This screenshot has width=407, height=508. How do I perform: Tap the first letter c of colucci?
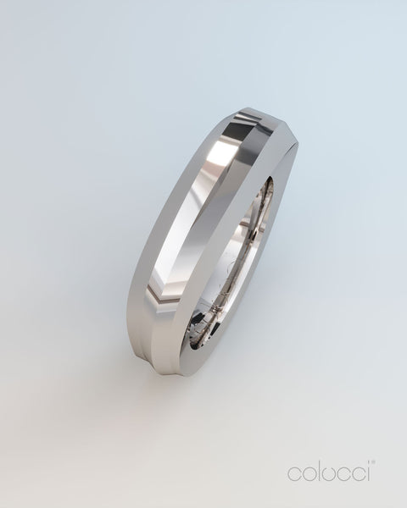coord(294,474)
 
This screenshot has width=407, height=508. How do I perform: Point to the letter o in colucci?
coord(310,474)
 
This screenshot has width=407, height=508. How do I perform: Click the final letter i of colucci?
coord(368,472)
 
